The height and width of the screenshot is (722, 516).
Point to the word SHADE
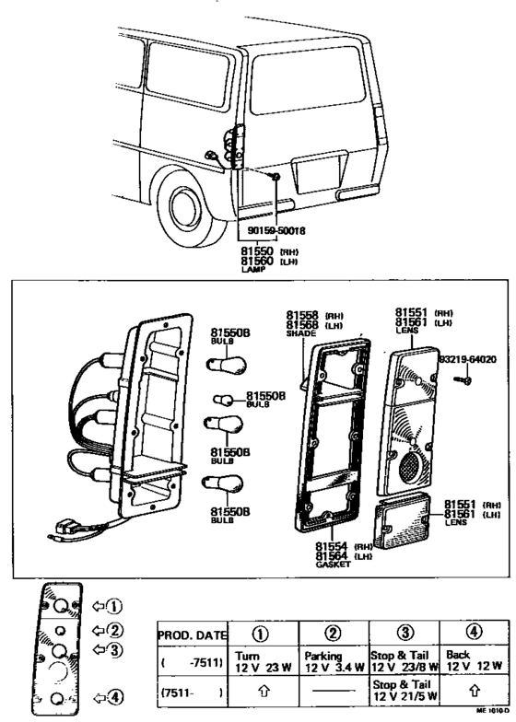tap(300, 333)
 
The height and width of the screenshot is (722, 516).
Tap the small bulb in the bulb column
tap(222, 399)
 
